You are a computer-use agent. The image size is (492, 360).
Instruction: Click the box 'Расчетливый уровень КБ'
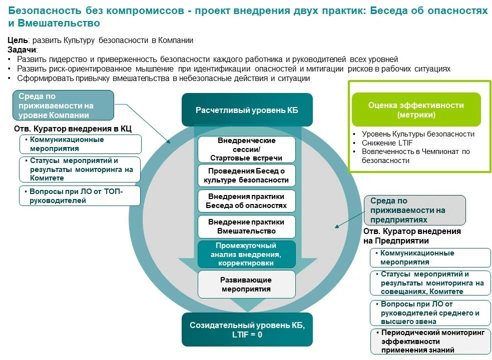click(247, 110)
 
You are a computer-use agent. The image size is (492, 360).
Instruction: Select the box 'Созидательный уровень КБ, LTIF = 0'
click(247, 329)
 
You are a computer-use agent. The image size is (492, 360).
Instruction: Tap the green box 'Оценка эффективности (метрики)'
click(416, 109)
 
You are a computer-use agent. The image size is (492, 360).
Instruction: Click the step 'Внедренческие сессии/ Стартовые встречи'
click(247, 149)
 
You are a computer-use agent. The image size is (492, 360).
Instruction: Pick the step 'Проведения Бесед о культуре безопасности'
click(247, 175)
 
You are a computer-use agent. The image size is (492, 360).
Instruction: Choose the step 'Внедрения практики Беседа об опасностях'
click(247, 201)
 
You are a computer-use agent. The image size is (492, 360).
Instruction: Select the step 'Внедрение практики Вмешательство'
click(247, 226)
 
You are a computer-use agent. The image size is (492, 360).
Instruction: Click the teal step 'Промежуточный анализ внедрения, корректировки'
click(247, 254)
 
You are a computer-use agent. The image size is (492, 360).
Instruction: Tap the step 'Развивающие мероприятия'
click(247, 284)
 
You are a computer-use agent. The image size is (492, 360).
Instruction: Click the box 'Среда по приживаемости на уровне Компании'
click(63, 105)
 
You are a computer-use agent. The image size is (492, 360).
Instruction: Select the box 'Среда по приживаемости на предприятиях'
click(415, 210)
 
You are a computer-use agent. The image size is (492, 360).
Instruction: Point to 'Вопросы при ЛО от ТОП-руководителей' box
click(80, 196)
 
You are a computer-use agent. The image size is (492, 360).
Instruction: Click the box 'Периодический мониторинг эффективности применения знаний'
click(430, 341)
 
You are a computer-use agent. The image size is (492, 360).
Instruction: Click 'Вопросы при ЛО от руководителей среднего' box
click(430, 312)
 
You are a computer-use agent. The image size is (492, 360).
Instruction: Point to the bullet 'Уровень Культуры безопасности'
click(418, 134)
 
